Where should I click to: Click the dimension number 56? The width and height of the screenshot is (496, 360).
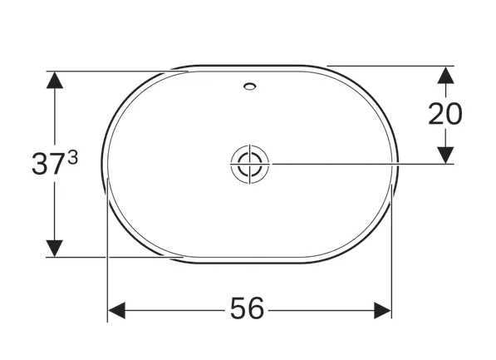pos(247,309)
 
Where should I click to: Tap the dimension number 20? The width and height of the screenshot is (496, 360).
pos(445,114)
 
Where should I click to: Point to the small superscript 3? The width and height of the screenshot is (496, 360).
pos(73,155)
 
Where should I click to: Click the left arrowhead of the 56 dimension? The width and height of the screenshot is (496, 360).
pos(116,310)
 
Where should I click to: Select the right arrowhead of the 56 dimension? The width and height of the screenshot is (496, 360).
pos(382,310)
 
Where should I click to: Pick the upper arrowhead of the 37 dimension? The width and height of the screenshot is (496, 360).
pos(55,80)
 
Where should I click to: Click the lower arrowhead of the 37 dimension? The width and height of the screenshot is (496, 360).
pos(55,248)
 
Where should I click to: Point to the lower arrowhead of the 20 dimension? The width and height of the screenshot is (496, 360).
pos(445,155)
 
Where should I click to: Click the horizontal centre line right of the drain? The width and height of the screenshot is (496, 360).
pos(357,163)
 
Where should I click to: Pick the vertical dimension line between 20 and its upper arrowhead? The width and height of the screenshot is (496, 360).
pos(445,90)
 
